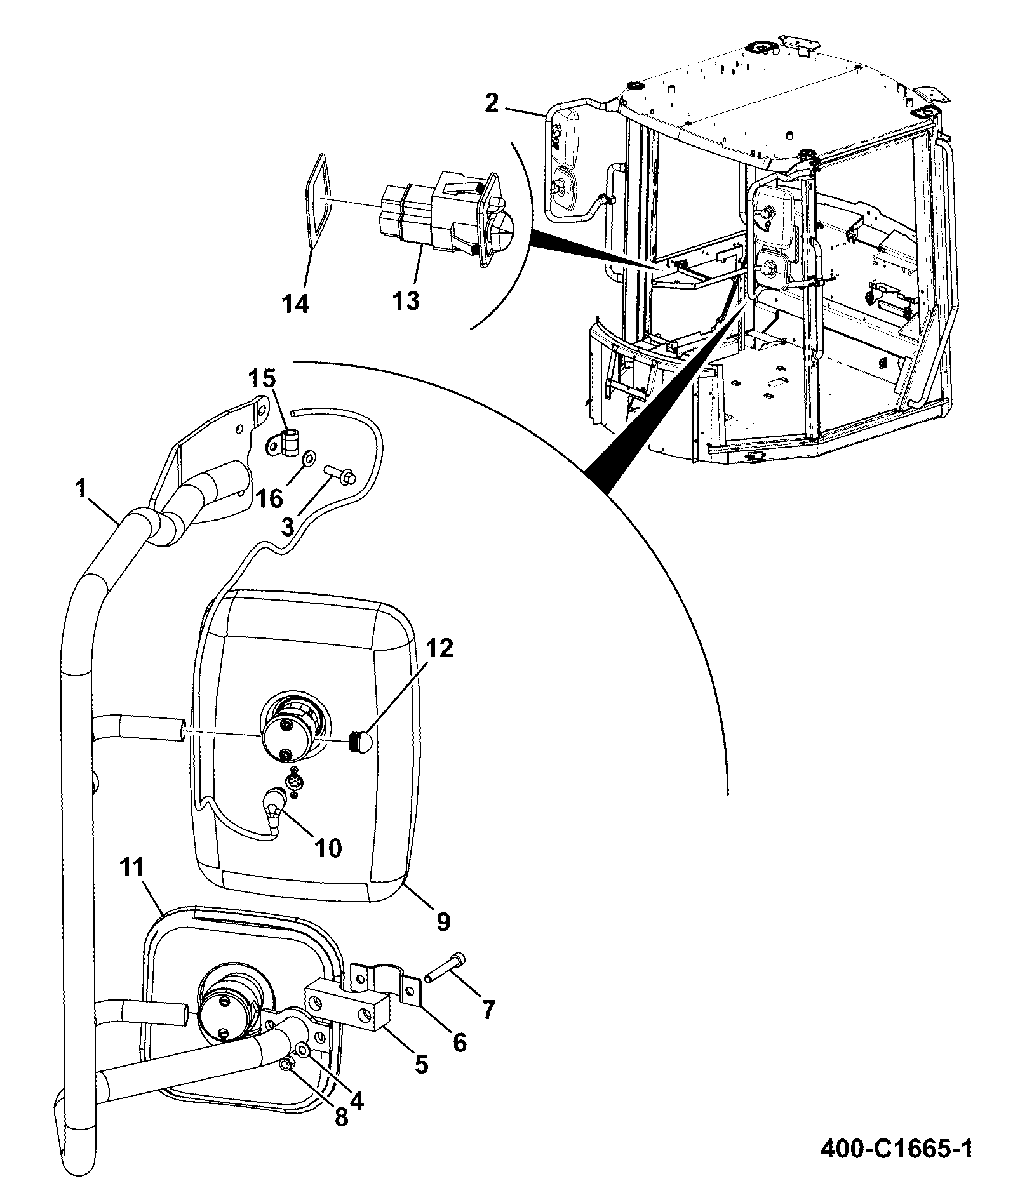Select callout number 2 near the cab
[492, 103]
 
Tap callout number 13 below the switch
[406, 298]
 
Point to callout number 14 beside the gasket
[296, 303]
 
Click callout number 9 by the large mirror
[443, 921]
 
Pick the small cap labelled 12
[361, 741]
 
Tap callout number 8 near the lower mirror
[341, 1117]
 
